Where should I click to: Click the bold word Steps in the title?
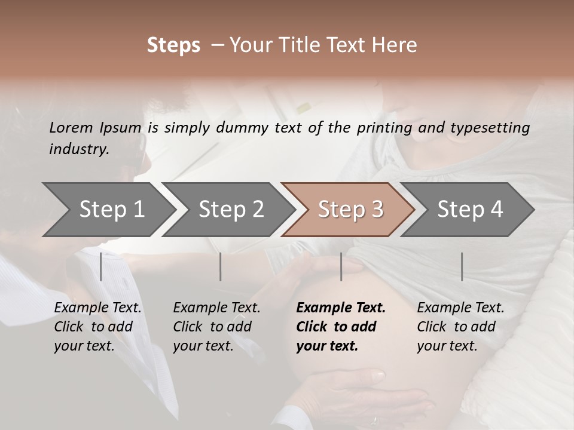pyautogui.click(x=173, y=45)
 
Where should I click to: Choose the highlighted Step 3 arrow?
pyautogui.click(x=350, y=210)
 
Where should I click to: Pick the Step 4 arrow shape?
pyautogui.click(x=469, y=210)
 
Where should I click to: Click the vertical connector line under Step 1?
pyautogui.click(x=101, y=266)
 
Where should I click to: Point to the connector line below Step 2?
pyautogui.click(x=221, y=266)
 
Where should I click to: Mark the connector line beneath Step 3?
pyautogui.click(x=341, y=266)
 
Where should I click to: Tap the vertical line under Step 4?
pyautogui.click(x=462, y=266)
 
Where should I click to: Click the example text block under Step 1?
pyautogui.click(x=97, y=327)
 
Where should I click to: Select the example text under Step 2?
pyautogui.click(x=216, y=327)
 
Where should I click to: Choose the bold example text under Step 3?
pyautogui.click(x=341, y=327)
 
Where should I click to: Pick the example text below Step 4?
pyautogui.click(x=460, y=327)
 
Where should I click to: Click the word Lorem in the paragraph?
pyautogui.click(x=71, y=127)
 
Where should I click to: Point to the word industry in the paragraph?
pyautogui.click(x=79, y=149)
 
